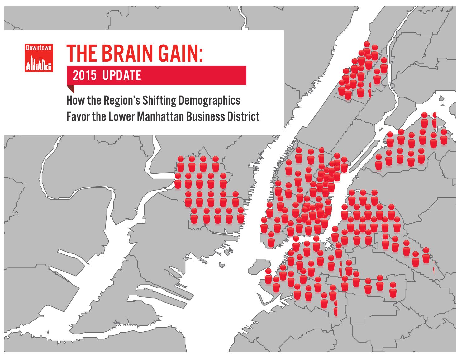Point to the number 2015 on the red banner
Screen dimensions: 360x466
tap(84, 76)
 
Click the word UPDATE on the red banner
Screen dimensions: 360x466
tap(121, 76)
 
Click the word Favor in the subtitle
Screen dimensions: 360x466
tap(76, 117)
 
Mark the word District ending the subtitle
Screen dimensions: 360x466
tap(245, 117)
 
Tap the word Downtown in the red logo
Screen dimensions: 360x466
tap(39, 48)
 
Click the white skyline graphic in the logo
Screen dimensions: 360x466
tap(39, 63)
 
